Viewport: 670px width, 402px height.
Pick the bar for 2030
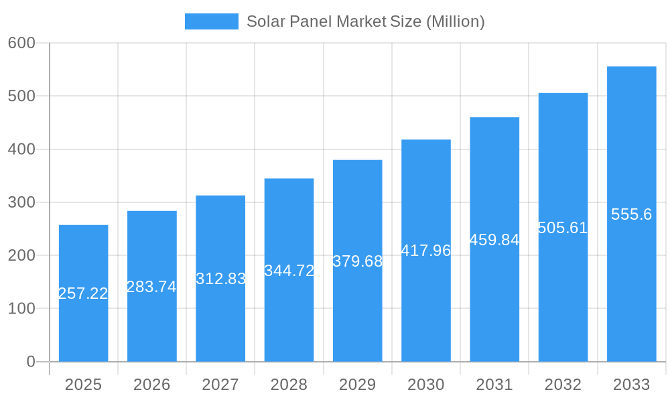coord(426,308)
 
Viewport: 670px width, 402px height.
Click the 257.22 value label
coord(83,293)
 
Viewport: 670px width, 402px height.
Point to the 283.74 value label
coord(151,287)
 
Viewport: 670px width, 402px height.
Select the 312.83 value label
coord(220,279)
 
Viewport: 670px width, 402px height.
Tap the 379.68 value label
coord(357,261)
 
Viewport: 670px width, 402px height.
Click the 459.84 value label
coord(494,240)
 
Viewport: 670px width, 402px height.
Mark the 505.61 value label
coord(563,228)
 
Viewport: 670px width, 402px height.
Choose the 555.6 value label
coord(631,214)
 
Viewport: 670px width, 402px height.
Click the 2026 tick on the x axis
coord(151,385)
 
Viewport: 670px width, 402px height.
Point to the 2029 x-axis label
coord(357,385)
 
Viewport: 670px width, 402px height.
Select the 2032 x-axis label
coord(563,385)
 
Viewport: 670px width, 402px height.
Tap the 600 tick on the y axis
coord(21,43)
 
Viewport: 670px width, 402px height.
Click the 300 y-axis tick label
coord(21,202)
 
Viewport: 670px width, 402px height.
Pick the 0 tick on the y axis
coord(31,362)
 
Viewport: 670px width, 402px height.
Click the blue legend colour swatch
coord(211,21)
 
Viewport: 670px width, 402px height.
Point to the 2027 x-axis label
coord(220,385)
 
